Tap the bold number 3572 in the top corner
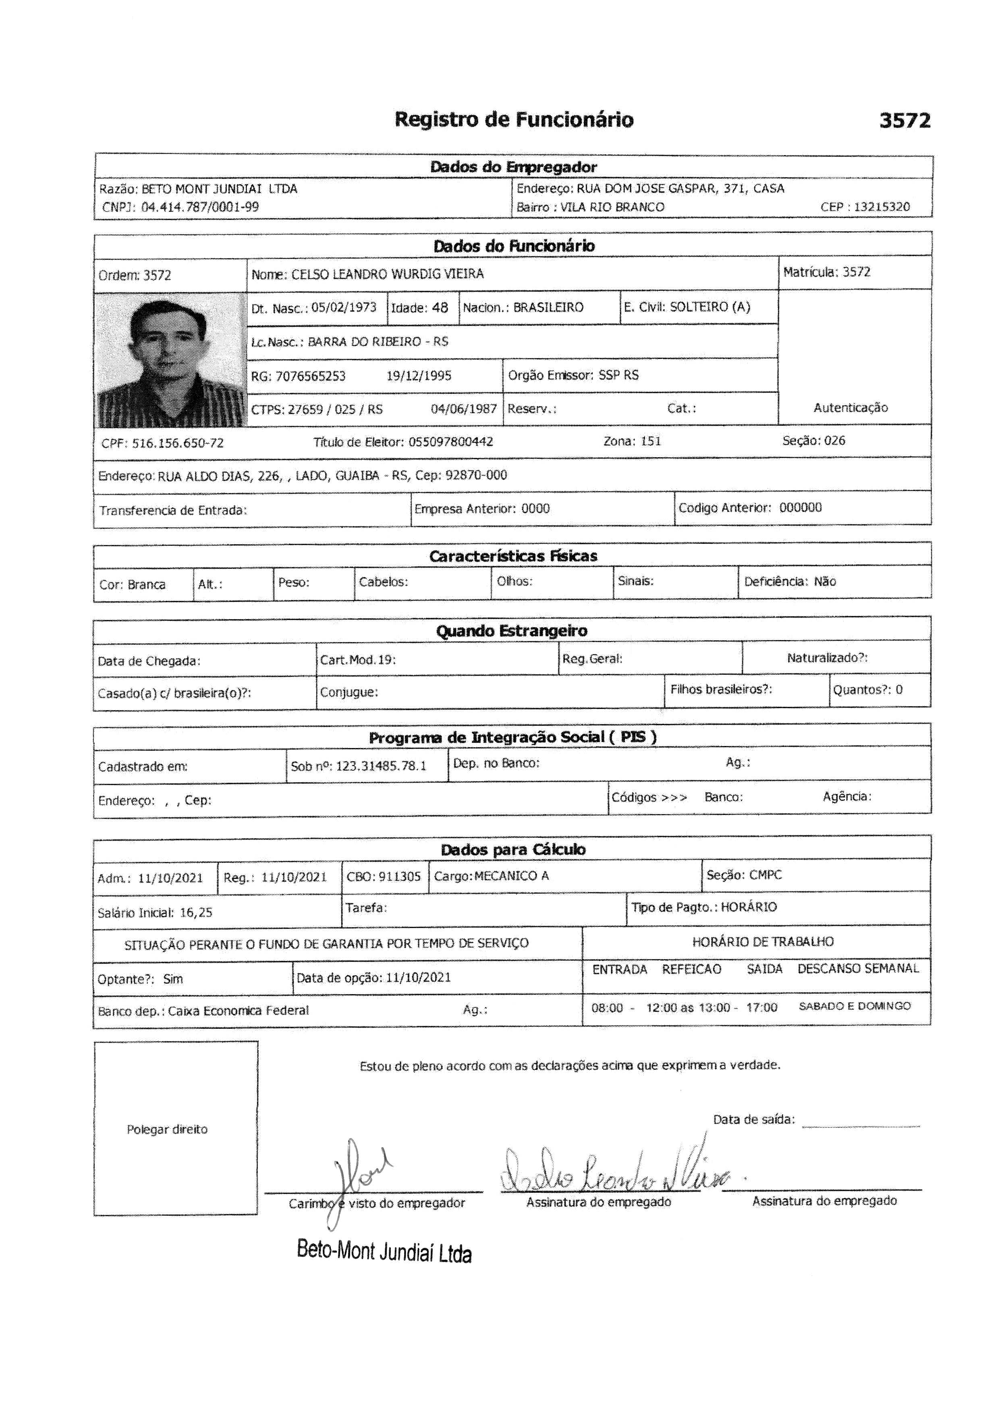coord(904,120)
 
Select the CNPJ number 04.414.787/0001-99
coord(200,207)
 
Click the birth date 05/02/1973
coord(344,308)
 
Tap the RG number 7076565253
coord(310,376)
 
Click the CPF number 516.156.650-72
coord(178,443)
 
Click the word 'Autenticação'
coord(850,407)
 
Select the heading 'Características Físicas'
coord(513,556)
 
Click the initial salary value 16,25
coord(196,912)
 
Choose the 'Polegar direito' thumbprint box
coord(176,1128)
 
